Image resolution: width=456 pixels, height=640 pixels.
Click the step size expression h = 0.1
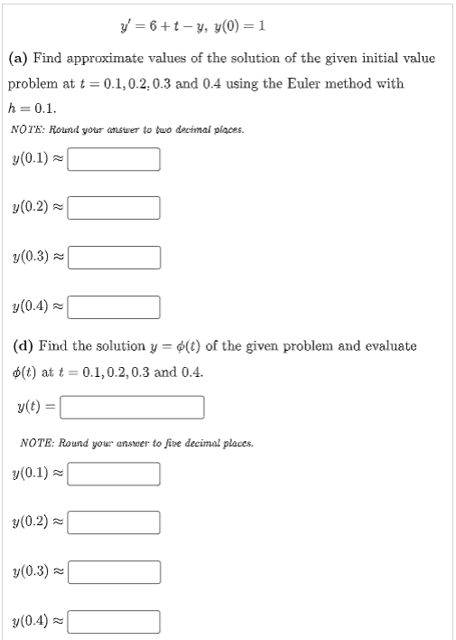coord(33,107)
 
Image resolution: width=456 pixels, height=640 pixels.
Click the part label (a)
coord(19,58)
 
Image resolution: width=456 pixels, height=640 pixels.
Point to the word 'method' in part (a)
coord(351,84)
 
